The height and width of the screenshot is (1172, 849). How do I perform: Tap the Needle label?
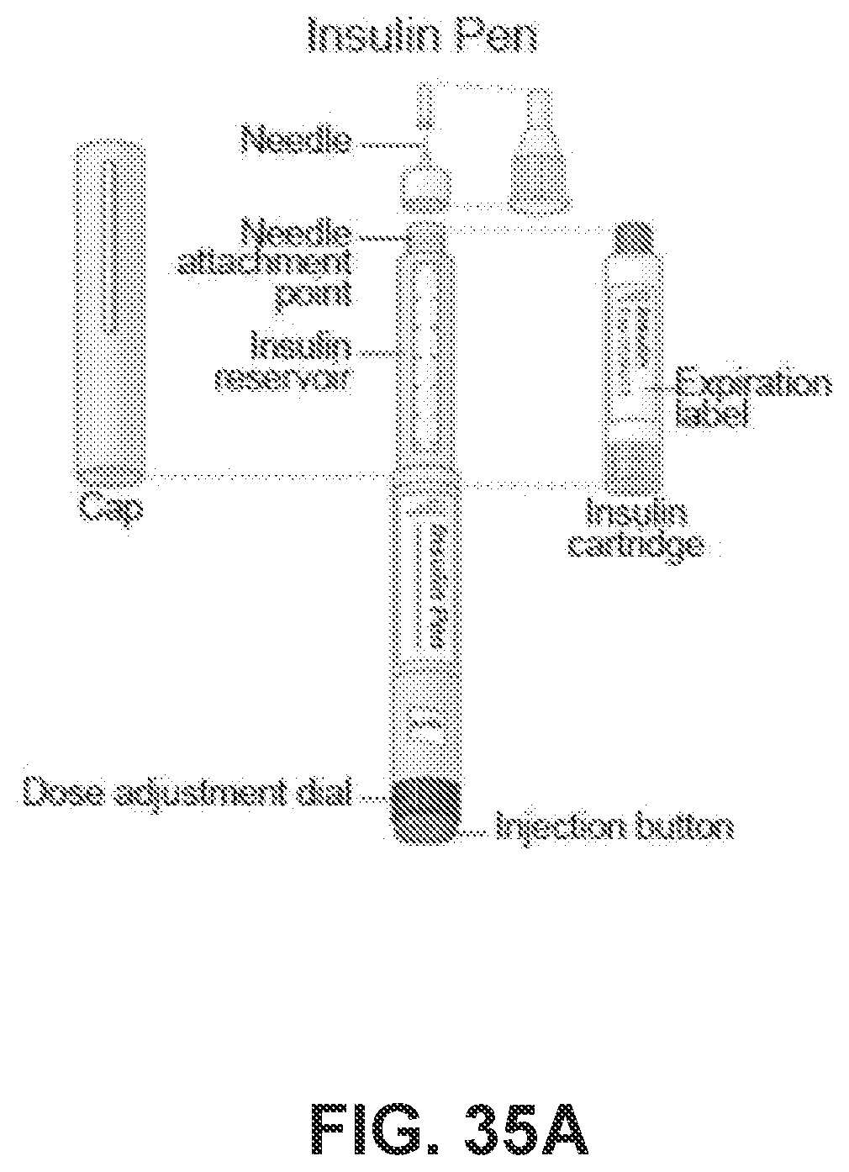(295, 139)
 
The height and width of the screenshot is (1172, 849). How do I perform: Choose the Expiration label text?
(753, 399)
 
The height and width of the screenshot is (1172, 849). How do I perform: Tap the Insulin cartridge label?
(636, 529)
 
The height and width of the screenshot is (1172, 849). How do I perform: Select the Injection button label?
(614, 827)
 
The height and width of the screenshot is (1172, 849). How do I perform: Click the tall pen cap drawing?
(110, 311)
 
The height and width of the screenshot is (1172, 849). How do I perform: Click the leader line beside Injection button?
(474, 832)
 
